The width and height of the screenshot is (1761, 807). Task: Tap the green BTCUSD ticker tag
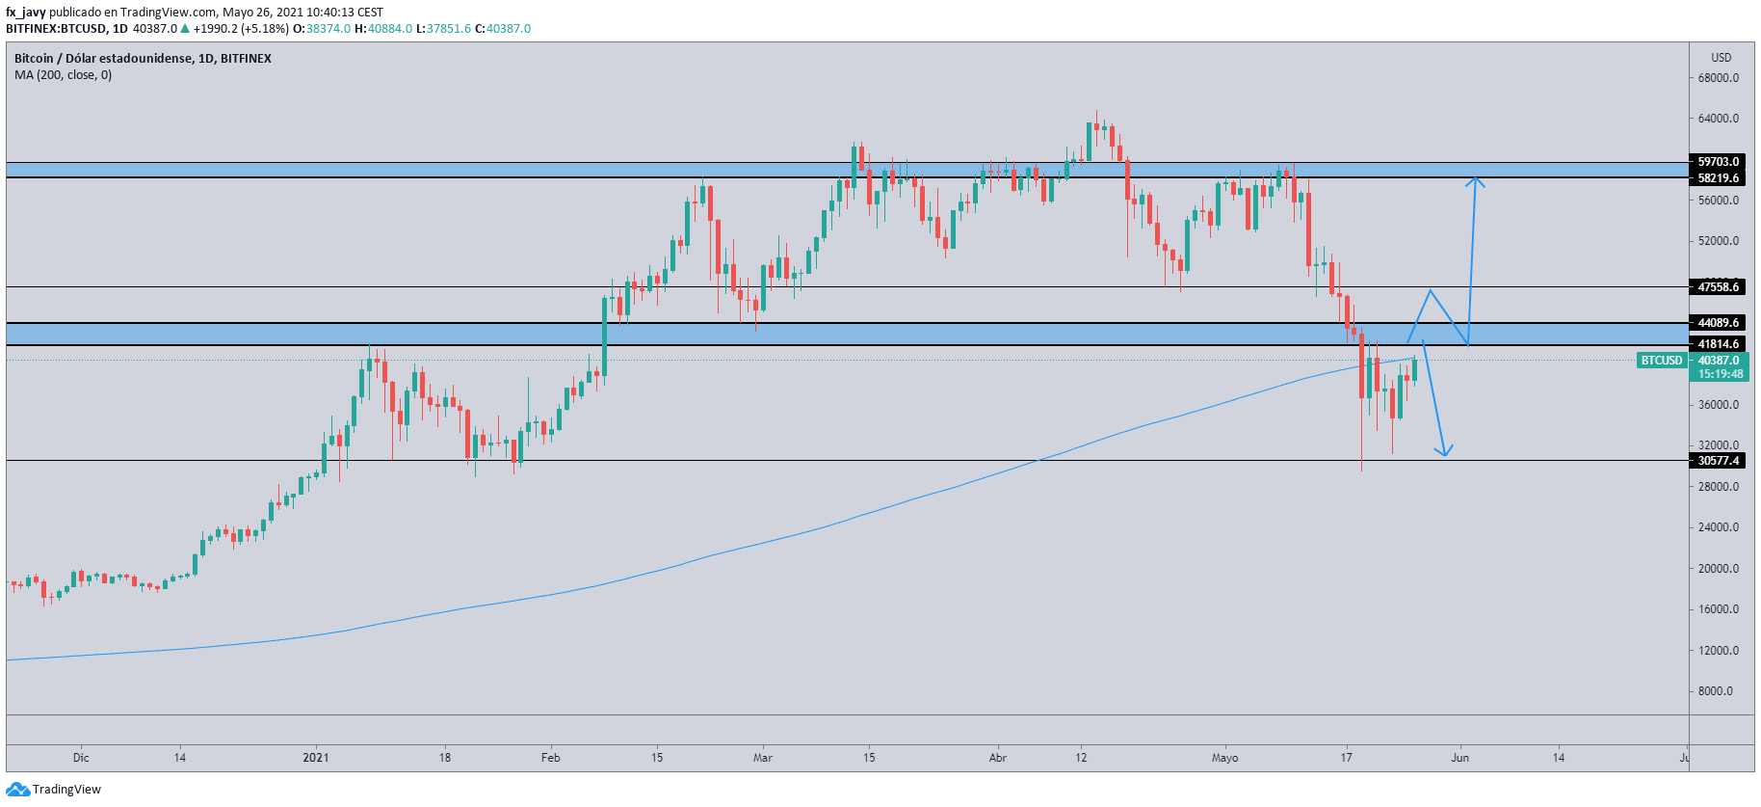[x=1661, y=361]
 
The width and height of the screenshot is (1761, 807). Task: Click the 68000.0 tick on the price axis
[x=1719, y=78]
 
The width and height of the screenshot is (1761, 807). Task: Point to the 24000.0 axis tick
[x=1719, y=527]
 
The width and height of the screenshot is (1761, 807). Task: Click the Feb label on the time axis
[x=550, y=758]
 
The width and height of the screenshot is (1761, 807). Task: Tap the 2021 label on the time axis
[x=316, y=758]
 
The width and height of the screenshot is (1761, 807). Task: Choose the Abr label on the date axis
[x=998, y=758]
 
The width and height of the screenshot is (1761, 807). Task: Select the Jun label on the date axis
[x=1460, y=758]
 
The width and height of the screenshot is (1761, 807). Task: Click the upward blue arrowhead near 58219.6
[x=1475, y=178]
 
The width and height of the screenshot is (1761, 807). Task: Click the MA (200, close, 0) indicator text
[x=63, y=75]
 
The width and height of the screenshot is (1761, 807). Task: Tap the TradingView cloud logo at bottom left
[x=17, y=790]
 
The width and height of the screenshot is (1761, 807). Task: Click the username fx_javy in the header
[x=26, y=13]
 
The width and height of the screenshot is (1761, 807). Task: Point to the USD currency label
[x=1721, y=58]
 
